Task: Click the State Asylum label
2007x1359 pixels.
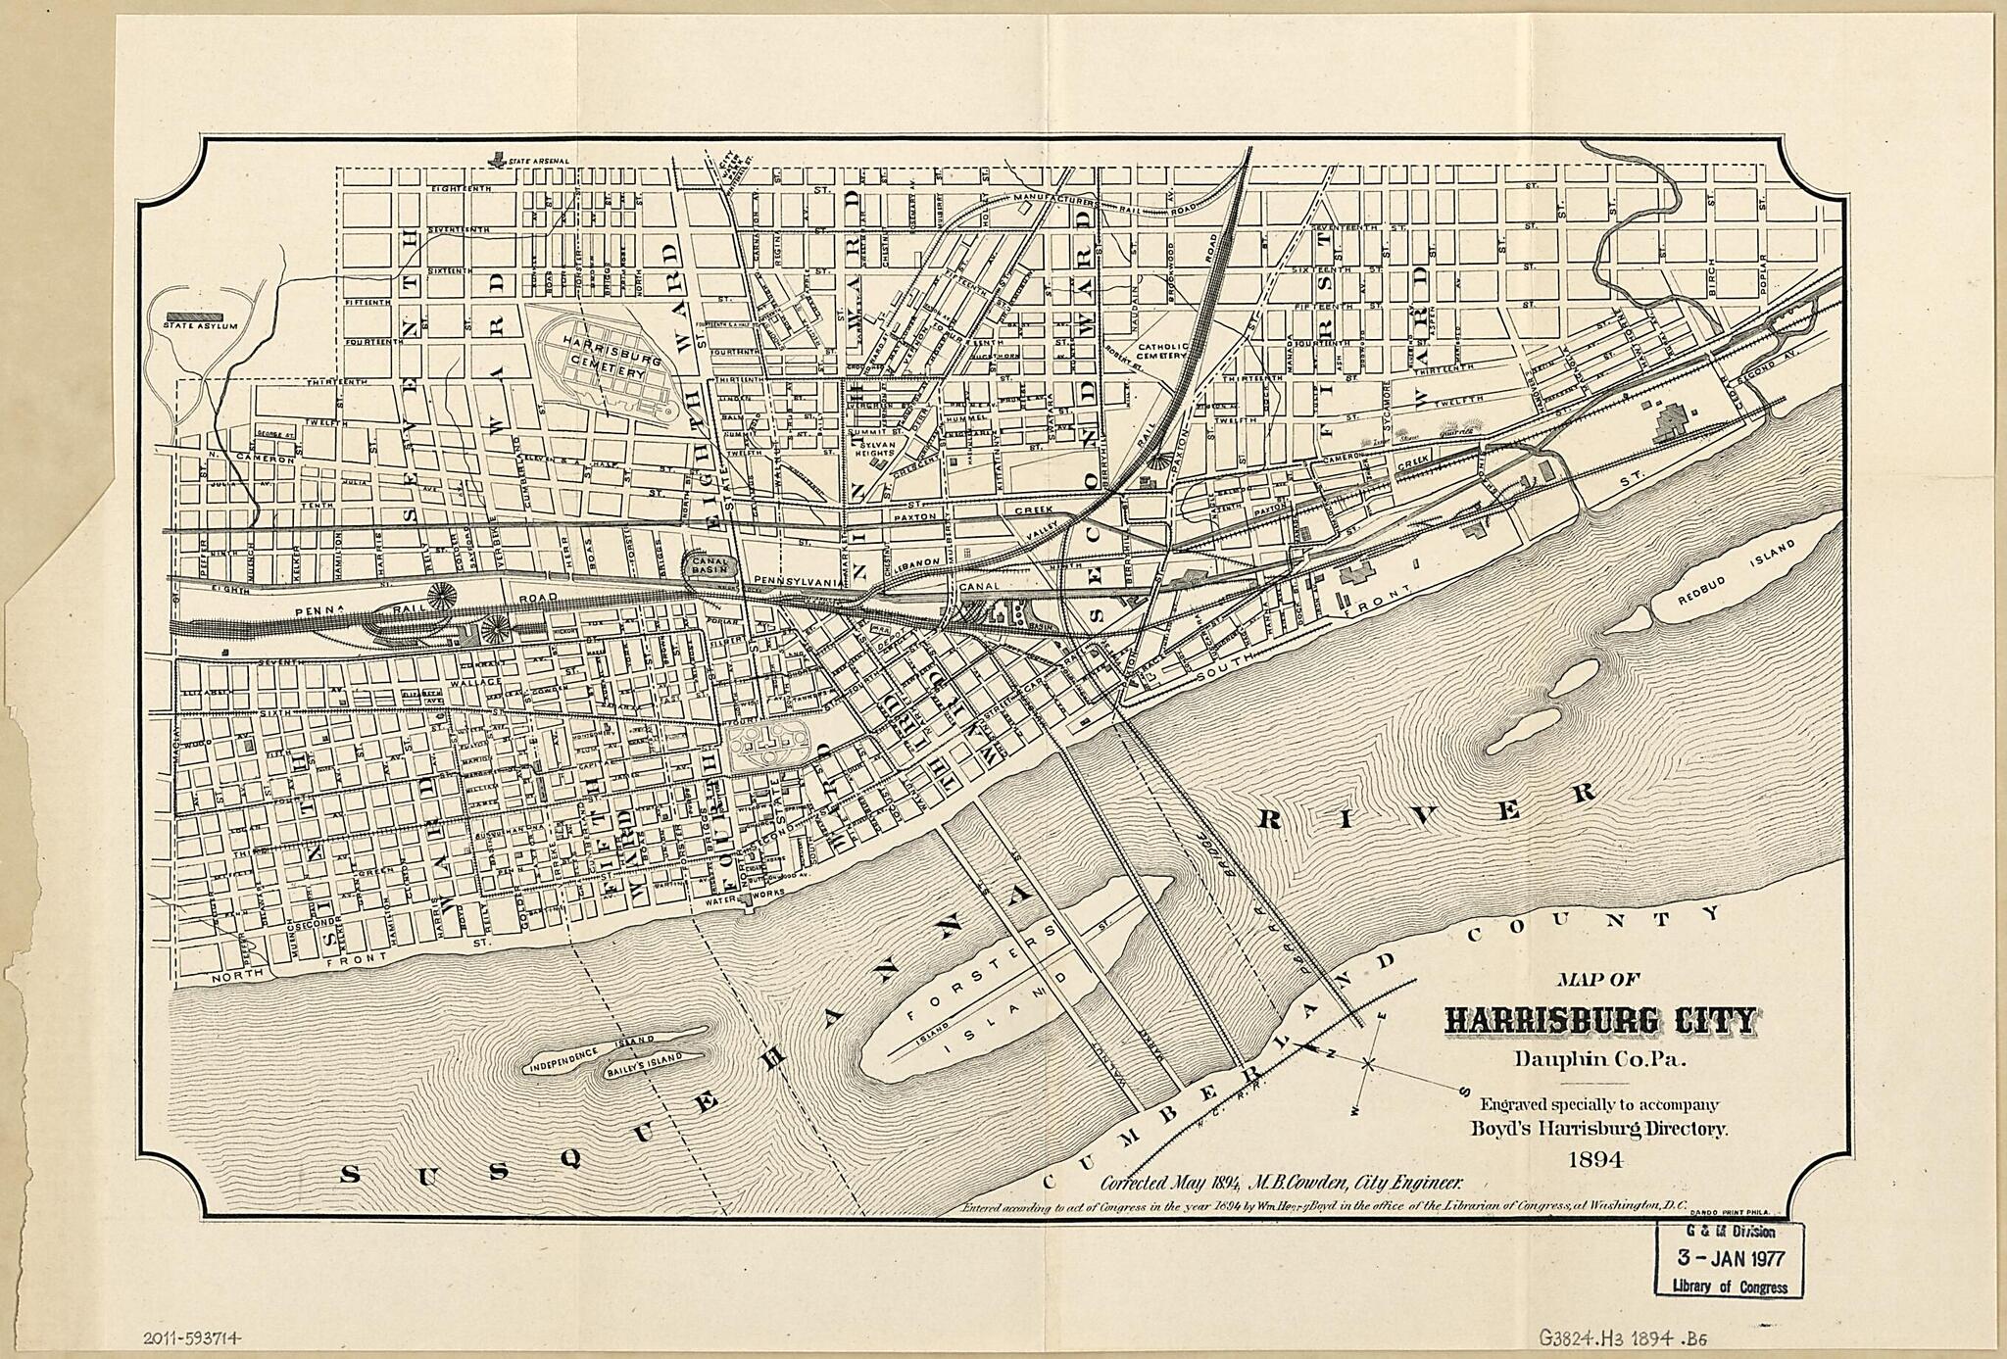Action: [x=200, y=325]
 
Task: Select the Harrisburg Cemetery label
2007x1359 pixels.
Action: [x=603, y=364]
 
